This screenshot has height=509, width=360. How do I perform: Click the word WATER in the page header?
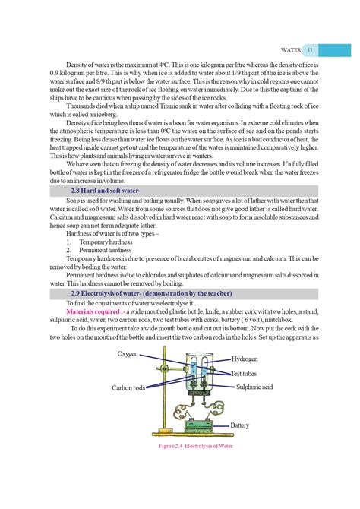pyautogui.click(x=291, y=50)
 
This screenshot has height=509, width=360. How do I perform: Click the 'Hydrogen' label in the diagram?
pyautogui.click(x=245, y=359)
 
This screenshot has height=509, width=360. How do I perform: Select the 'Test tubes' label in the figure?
pyautogui.click(x=248, y=373)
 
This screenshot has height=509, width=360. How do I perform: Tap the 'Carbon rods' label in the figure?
pyautogui.click(x=128, y=387)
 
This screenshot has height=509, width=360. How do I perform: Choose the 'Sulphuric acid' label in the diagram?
pyautogui.click(x=257, y=387)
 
